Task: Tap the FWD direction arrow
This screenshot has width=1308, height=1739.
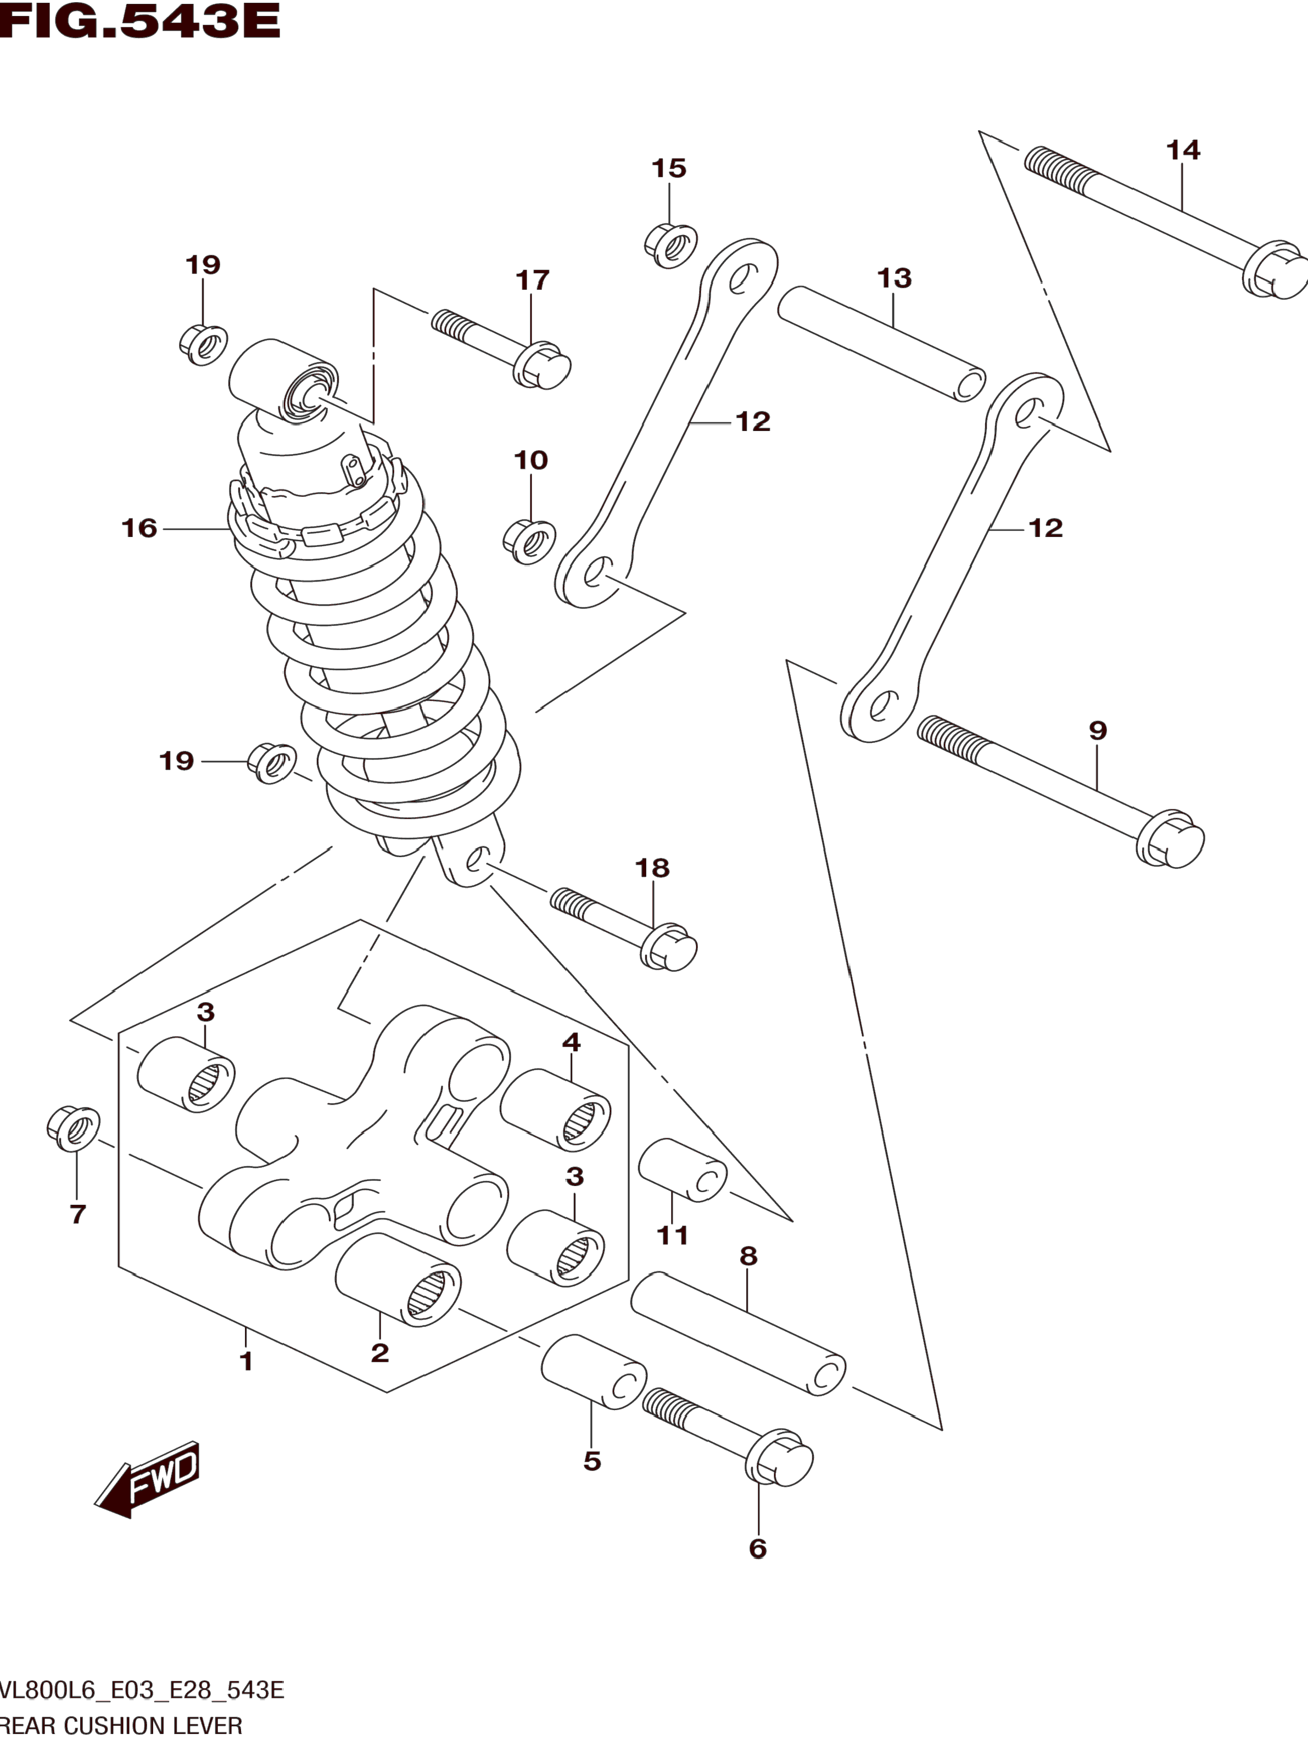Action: coord(148,1479)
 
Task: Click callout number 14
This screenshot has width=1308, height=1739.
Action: coord(1183,149)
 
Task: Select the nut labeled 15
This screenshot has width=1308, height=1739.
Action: coord(670,245)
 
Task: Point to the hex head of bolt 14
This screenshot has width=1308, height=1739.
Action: coord(1276,270)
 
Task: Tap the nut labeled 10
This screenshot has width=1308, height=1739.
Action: coord(529,541)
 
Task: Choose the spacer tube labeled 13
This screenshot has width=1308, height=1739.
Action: coord(881,344)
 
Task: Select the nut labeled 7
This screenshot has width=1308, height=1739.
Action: coord(73,1128)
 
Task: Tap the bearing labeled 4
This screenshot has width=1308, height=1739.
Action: coord(555,1109)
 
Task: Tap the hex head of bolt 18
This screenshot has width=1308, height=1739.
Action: coord(669,946)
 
